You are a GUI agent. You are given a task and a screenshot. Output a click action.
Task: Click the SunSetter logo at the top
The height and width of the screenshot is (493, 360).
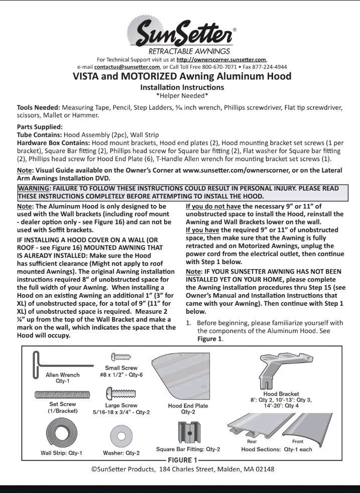point(180,31)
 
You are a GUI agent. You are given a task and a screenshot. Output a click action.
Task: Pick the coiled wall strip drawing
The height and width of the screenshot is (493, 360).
point(60,432)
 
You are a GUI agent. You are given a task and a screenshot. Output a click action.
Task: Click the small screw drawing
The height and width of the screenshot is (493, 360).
point(121,356)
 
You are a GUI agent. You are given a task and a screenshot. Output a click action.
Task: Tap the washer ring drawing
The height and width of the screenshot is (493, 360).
point(121,433)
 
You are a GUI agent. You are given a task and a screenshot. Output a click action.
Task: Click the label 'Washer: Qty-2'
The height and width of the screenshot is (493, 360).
point(121,452)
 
